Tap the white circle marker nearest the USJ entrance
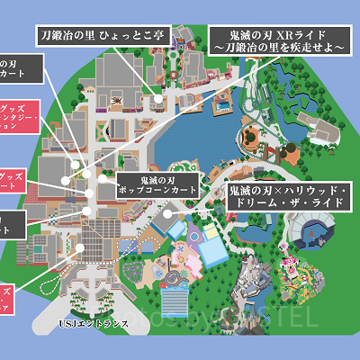[80, 247]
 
